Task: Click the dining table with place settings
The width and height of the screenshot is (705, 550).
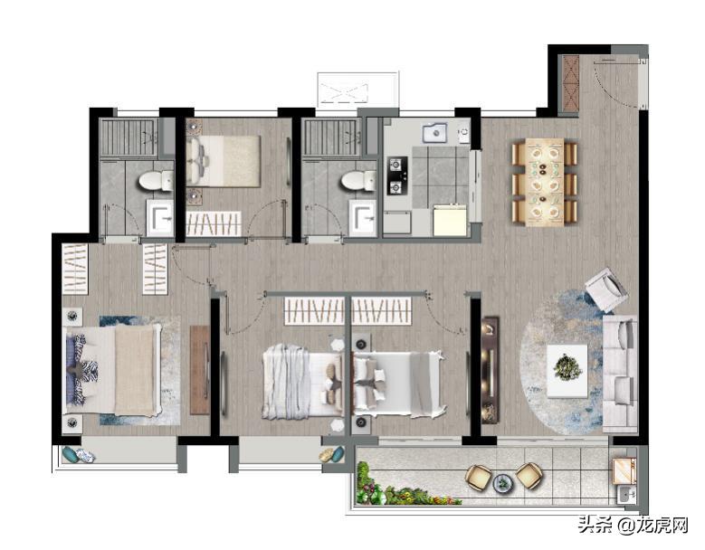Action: [x=545, y=182]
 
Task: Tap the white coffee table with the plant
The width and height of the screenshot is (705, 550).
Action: [x=567, y=371]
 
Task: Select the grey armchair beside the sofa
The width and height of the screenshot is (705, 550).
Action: [x=606, y=289]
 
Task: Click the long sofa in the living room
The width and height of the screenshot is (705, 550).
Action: [x=620, y=374]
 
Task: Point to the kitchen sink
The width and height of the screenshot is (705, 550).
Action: [x=433, y=133]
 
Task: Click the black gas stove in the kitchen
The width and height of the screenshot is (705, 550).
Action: [x=397, y=175]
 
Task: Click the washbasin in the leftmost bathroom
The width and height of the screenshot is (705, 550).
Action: [x=160, y=218]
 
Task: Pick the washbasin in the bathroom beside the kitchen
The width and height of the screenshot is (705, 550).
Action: [x=362, y=218]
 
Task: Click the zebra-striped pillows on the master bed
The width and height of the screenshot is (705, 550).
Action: [x=84, y=364]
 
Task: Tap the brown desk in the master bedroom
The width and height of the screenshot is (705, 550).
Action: [x=199, y=370]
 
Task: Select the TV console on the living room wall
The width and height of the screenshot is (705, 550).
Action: [x=490, y=370]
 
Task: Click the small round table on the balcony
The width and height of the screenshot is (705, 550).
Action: [x=501, y=483]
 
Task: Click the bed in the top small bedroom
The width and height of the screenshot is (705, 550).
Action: [x=224, y=161]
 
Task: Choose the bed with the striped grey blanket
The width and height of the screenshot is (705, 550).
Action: [x=303, y=381]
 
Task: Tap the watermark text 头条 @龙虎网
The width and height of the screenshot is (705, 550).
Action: [x=634, y=525]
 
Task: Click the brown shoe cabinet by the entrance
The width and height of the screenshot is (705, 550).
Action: [x=570, y=83]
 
